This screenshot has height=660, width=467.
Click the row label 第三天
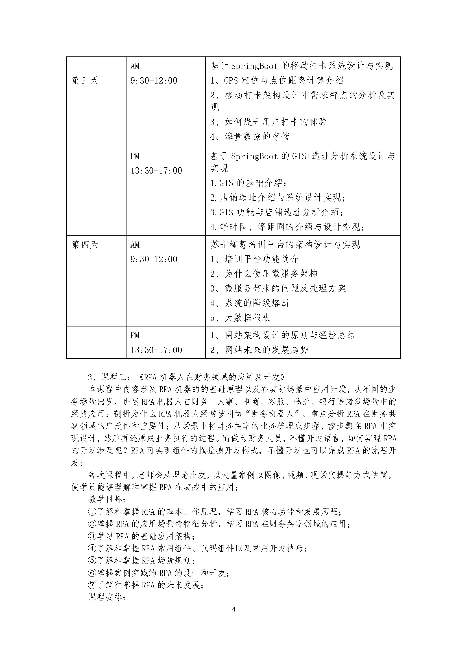click(85, 80)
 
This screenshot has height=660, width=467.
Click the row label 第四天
click(85, 245)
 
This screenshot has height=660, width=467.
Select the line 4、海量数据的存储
click(250, 136)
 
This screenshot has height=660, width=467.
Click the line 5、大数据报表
click(240, 318)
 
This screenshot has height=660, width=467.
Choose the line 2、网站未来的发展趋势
click(259, 350)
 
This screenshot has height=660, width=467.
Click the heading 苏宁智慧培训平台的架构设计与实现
click(285, 245)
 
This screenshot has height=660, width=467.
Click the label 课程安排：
click(107, 597)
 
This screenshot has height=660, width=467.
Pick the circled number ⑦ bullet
click(92, 585)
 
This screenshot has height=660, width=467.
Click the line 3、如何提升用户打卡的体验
click(269, 122)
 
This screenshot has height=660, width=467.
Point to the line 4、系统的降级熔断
click(250, 303)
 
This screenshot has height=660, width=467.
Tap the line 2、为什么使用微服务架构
click(264, 274)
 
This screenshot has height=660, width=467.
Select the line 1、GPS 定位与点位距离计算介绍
click(277, 80)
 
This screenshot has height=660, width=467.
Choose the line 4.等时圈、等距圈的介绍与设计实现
click(287, 227)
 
